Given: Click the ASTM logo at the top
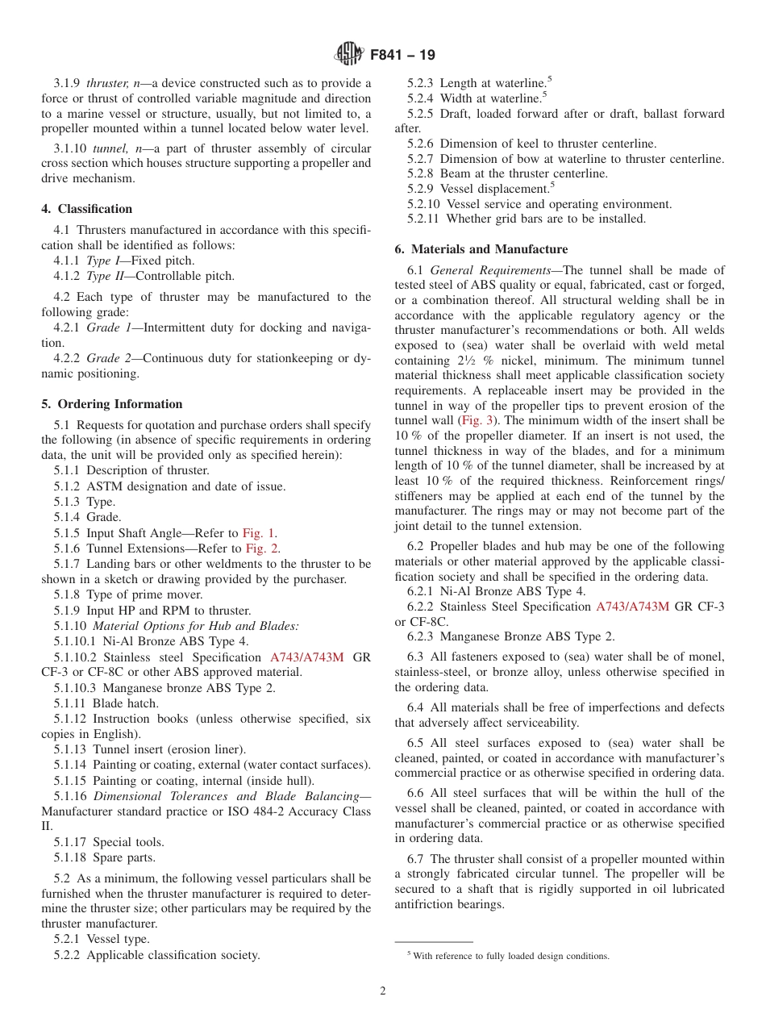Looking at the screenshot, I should (x=349, y=55).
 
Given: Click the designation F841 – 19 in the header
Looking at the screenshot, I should (x=402, y=55).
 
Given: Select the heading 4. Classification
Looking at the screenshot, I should (x=87, y=209).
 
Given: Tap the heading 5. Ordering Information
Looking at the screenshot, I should (x=112, y=404).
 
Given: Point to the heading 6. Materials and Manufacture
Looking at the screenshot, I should (x=481, y=249).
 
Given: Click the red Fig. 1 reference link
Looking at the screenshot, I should (x=259, y=533).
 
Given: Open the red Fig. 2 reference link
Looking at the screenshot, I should (x=263, y=548).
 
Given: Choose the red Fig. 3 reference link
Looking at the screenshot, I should (x=478, y=420).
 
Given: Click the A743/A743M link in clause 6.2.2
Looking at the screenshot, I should (x=632, y=607).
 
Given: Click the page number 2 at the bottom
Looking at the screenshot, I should (x=383, y=991).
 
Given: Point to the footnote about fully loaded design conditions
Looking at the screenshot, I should (x=508, y=956).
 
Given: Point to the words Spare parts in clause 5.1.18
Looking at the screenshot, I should (x=124, y=857).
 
